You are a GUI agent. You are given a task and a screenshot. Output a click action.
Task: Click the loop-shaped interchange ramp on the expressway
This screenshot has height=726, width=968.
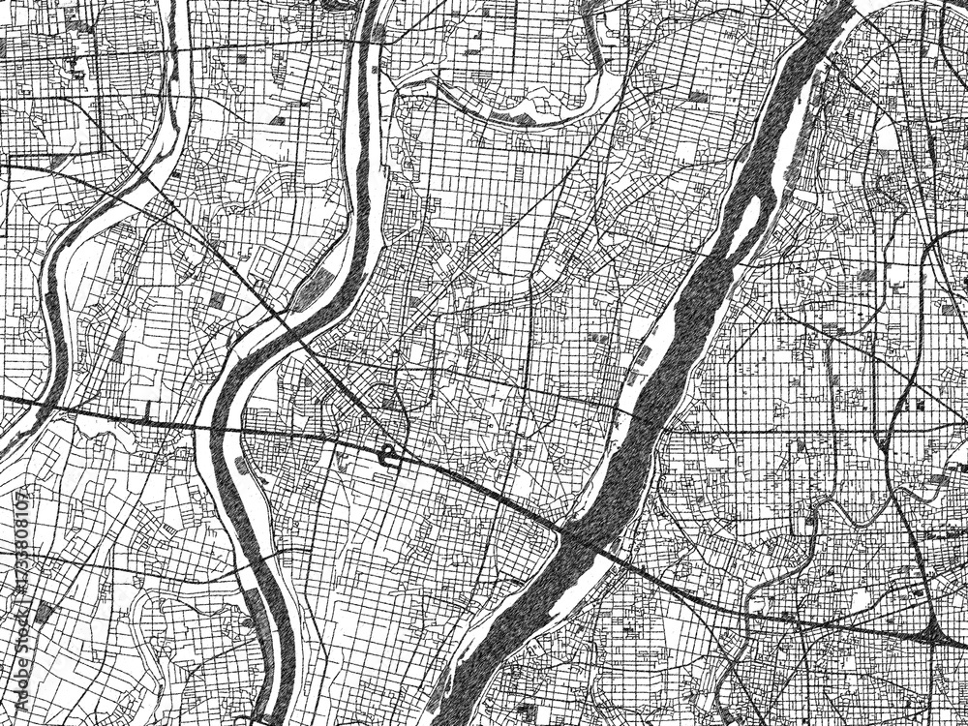[x=389, y=455]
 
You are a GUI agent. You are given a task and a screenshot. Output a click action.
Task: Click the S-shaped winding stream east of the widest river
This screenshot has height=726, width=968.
[x=823, y=513]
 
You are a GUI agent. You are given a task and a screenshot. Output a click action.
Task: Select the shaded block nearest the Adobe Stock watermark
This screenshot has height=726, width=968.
[x=45, y=612]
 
